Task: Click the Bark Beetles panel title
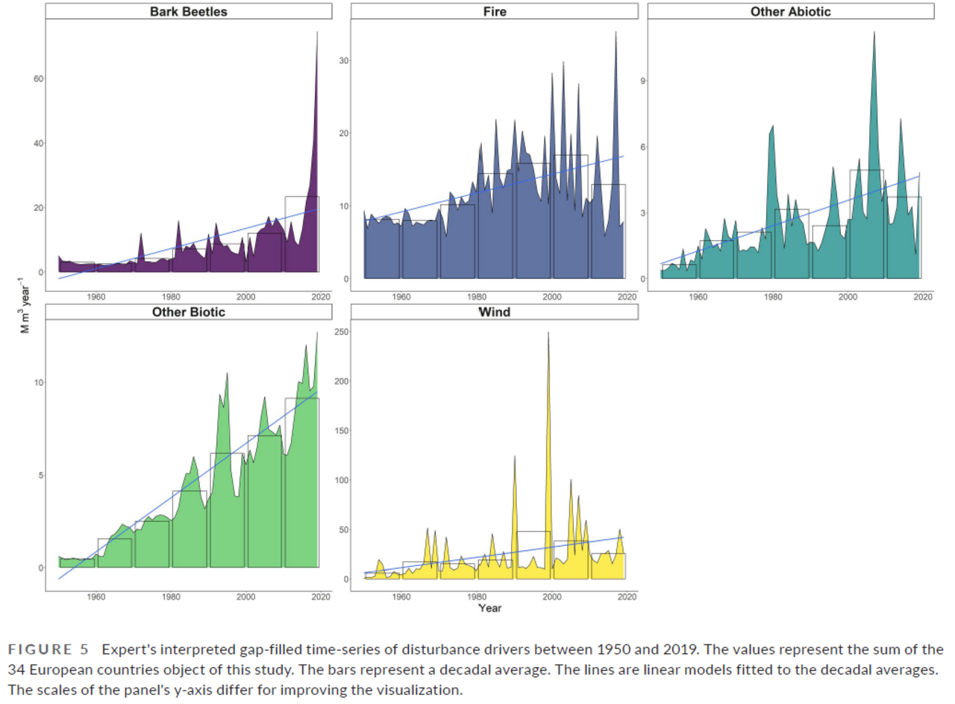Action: click(x=188, y=11)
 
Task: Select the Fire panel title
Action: click(x=494, y=11)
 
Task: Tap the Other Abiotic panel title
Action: click(x=791, y=11)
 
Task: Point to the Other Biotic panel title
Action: click(x=188, y=312)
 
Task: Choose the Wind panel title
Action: click(x=494, y=312)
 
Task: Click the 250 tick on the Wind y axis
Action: click(x=340, y=331)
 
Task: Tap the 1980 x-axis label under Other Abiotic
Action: click(x=772, y=297)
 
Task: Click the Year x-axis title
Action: click(x=489, y=608)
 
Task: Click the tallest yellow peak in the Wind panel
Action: click(x=548, y=333)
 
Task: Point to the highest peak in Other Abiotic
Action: click(x=874, y=32)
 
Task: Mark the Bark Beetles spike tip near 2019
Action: click(x=317, y=33)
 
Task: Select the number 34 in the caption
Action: click(x=34, y=668)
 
